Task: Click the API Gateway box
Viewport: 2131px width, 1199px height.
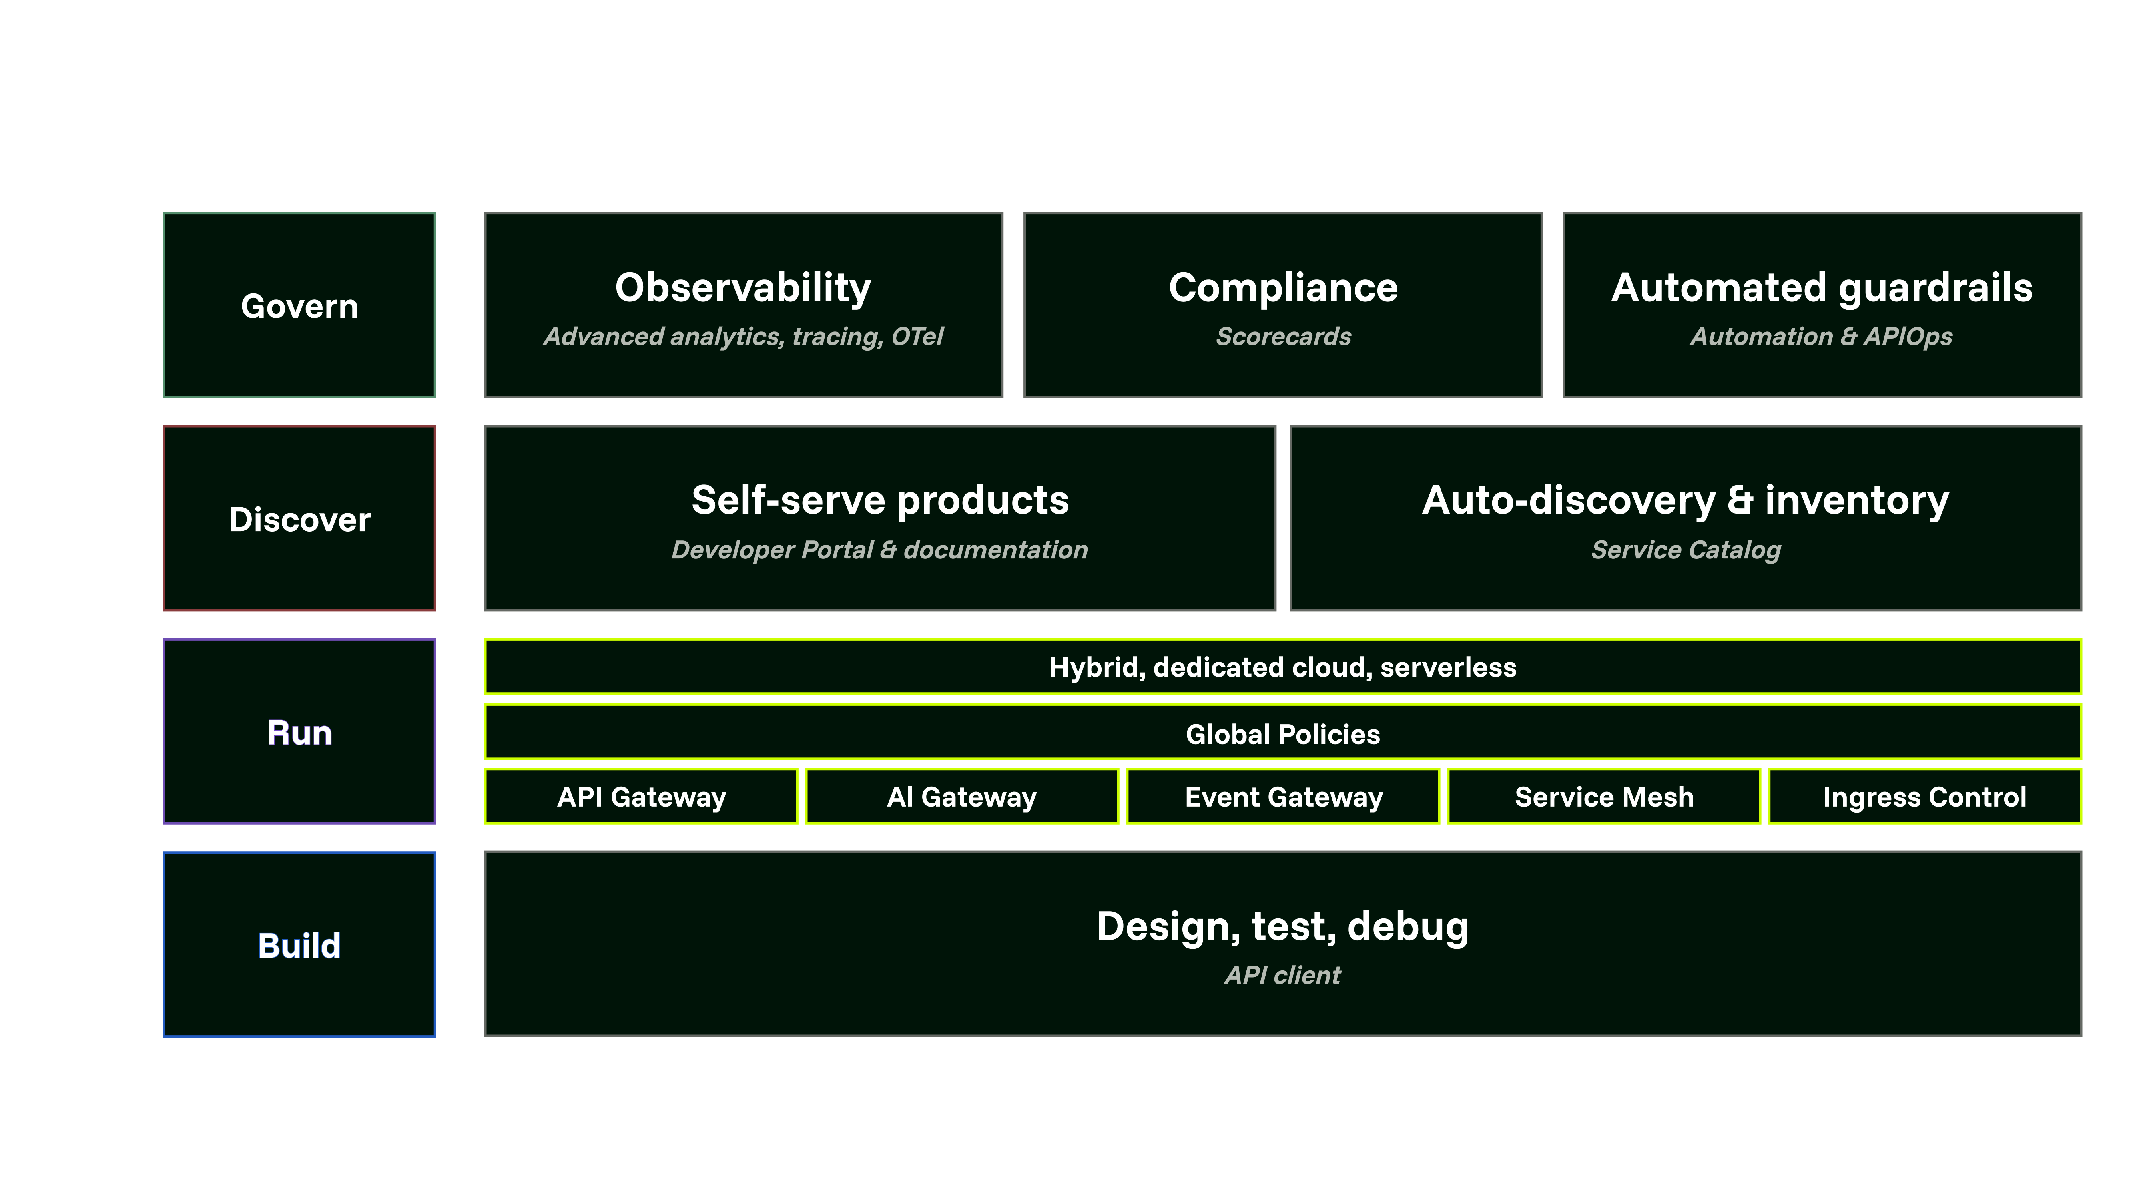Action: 641,797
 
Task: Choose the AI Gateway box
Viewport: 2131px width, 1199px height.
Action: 961,797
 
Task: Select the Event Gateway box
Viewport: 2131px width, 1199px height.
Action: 1283,797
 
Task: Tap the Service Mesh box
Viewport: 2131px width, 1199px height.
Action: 1603,797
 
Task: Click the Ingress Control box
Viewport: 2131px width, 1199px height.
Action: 1924,797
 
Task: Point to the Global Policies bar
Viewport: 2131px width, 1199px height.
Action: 1282,733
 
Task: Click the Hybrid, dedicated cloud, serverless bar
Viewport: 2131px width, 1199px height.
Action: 1282,667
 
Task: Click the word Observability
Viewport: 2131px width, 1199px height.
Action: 743,288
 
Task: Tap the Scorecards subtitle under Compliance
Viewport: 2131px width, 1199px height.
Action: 1283,337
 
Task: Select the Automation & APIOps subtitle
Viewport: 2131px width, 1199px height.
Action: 1821,337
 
